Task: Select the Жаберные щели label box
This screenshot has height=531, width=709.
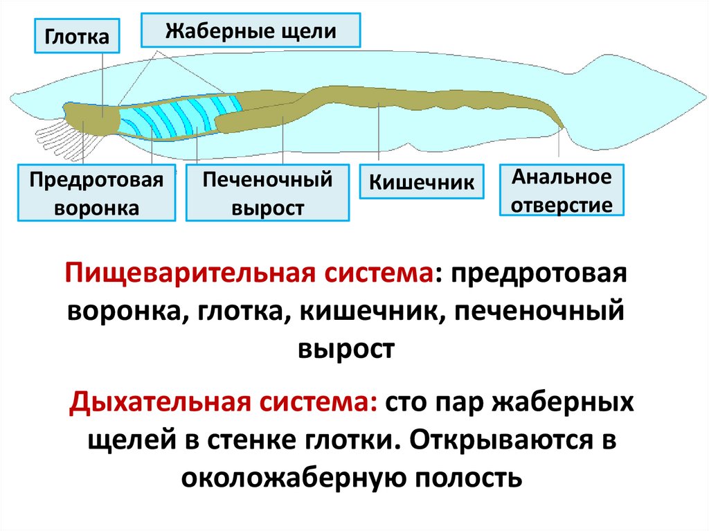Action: (x=251, y=30)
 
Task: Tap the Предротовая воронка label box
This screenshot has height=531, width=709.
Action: (x=97, y=193)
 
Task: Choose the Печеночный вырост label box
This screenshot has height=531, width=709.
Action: (x=268, y=193)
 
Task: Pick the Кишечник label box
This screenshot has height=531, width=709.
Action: (x=422, y=183)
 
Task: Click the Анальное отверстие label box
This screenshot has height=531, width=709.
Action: (x=562, y=190)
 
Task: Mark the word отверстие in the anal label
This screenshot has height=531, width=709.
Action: (x=562, y=204)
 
